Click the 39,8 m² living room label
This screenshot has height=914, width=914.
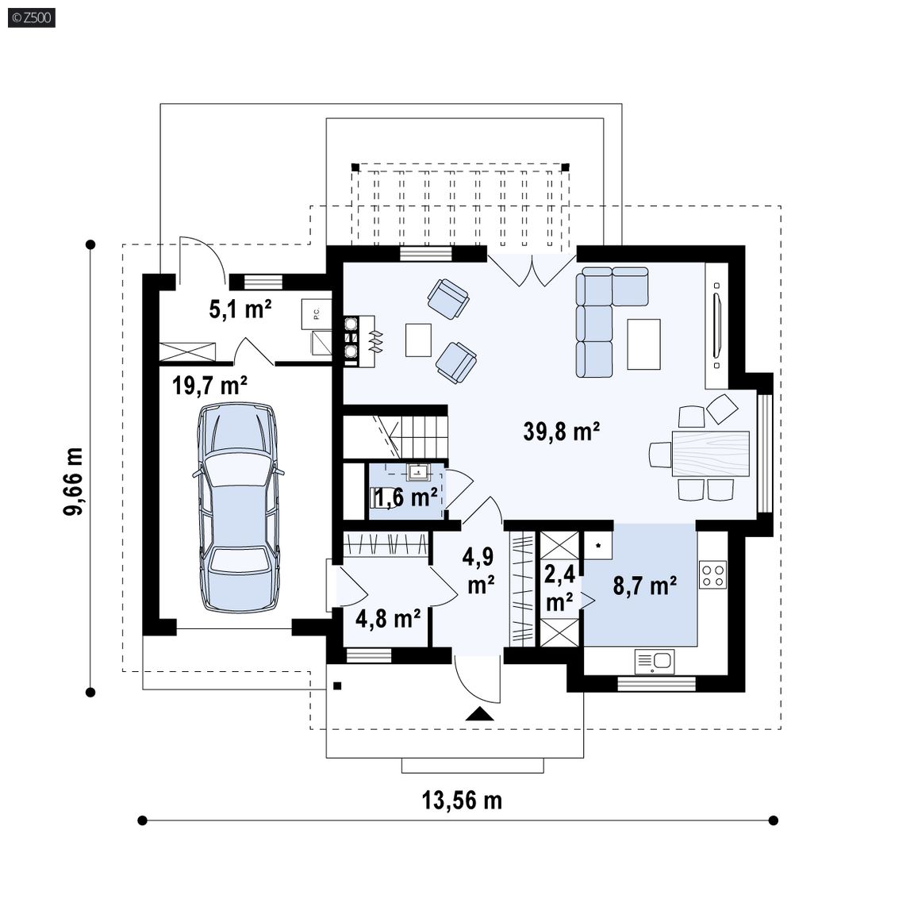click(562, 432)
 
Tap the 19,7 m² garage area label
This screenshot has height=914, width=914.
click(209, 386)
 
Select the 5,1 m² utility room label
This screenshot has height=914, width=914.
click(240, 309)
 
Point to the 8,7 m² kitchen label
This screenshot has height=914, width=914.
click(645, 585)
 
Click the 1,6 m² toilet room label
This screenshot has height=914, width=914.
click(405, 497)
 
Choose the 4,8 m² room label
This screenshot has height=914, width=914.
click(388, 619)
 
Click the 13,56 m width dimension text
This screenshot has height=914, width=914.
click(462, 801)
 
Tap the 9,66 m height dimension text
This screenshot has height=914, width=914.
click(74, 482)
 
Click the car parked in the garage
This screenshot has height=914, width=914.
click(238, 507)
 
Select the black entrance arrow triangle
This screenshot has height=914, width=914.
click(480, 713)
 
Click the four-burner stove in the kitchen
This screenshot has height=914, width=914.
click(713, 574)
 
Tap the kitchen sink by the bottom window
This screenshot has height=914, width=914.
click(654, 662)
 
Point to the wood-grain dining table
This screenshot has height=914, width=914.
click(711, 454)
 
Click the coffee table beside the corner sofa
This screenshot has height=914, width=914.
click(643, 344)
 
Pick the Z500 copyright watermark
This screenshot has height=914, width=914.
click(32, 17)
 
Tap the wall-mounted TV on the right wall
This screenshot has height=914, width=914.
click(716, 326)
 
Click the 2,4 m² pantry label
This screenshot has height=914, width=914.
click(559, 588)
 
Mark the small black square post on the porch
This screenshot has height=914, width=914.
click(337, 686)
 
